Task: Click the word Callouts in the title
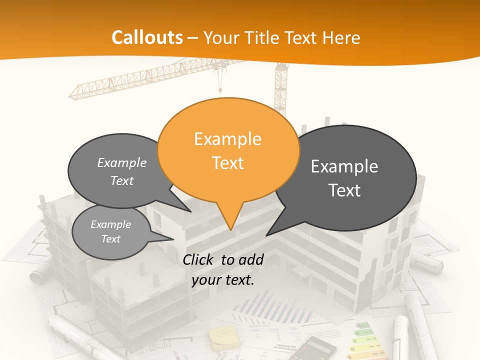click(x=147, y=37)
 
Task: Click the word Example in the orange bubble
click(x=227, y=139)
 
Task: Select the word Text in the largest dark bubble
click(x=345, y=190)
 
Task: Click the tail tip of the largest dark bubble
click(x=267, y=234)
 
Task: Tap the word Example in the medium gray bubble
click(x=122, y=162)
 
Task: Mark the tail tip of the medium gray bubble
click(x=190, y=211)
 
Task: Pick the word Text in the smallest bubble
click(x=111, y=239)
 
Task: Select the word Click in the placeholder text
click(x=199, y=259)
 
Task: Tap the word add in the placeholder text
click(x=251, y=259)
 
